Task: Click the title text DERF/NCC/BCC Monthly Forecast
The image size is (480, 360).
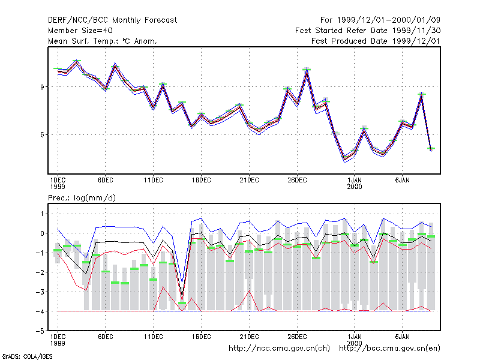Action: pyautogui.click(x=112, y=20)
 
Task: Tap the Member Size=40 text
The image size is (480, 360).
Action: pyautogui.click(x=80, y=31)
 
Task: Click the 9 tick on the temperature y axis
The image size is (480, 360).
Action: pyautogui.click(x=42, y=87)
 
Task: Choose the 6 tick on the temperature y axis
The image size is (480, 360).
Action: pyautogui.click(x=42, y=134)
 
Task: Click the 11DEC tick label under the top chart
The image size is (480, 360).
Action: pyautogui.click(x=154, y=181)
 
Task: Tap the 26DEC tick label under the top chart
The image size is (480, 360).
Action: pyautogui.click(x=297, y=181)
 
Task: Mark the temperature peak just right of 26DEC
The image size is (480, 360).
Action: pyautogui.click(x=307, y=69)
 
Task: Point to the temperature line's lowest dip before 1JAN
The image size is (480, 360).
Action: pyautogui.click(x=345, y=159)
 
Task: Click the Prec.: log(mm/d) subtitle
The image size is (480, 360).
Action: pyautogui.click(x=82, y=198)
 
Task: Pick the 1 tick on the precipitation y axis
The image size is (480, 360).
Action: pyautogui.click(x=42, y=214)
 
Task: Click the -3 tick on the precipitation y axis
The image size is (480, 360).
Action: pyautogui.click(x=40, y=292)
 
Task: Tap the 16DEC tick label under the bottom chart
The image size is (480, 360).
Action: pyautogui.click(x=201, y=337)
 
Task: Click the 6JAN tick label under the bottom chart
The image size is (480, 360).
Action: pyautogui.click(x=402, y=337)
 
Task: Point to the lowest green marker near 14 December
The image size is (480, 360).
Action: pyautogui.click(x=182, y=303)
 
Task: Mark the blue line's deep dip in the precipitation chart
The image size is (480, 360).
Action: pyautogui.click(x=182, y=281)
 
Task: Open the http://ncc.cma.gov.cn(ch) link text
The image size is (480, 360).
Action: pyautogui.click(x=279, y=349)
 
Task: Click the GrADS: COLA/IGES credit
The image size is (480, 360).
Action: pyautogui.click(x=27, y=356)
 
